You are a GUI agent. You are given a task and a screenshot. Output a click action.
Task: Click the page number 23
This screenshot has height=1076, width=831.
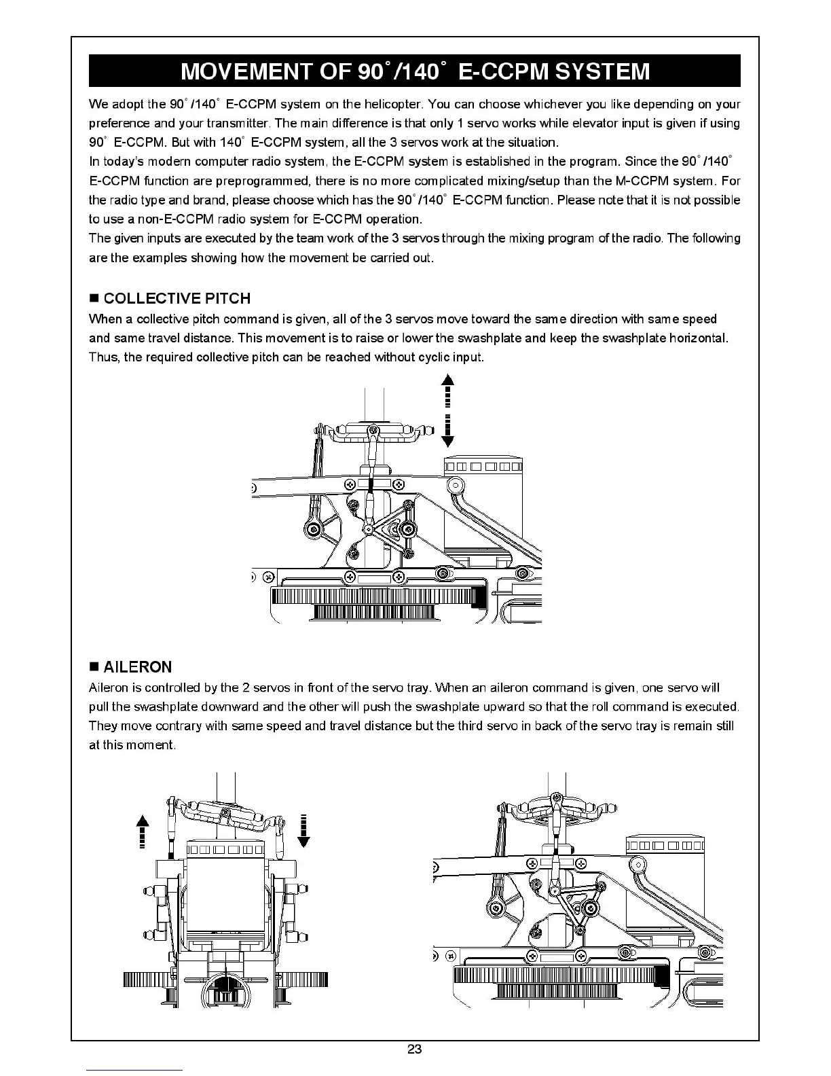tap(414, 1049)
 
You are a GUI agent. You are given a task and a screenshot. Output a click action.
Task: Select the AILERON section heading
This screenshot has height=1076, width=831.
tap(138, 666)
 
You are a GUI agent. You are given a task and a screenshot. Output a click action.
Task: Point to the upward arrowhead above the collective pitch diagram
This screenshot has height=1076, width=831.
tap(447, 380)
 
